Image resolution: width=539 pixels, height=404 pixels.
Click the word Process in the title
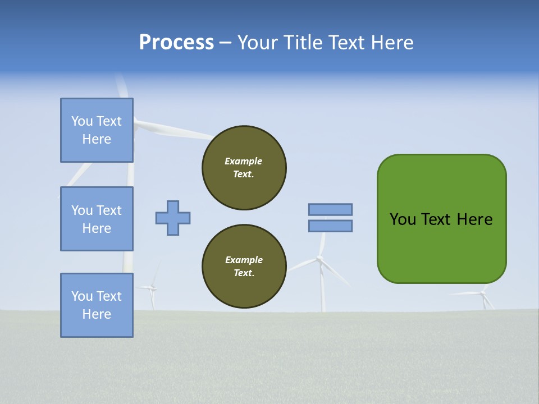pos(176,43)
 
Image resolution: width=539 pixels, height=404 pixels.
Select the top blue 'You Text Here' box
pos(97,130)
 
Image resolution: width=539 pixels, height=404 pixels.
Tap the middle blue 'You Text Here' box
pos(97,219)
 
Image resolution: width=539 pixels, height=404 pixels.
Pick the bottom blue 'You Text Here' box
pos(97,305)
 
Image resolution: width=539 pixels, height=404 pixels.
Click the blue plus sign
pos(173,218)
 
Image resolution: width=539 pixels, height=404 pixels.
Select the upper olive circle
pos(244,168)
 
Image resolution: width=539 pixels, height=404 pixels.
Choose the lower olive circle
pos(244,267)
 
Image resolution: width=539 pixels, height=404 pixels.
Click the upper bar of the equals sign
pos(330,209)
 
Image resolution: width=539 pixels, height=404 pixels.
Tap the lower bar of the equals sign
pos(330,226)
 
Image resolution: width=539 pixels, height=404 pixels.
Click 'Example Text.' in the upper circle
pos(244,168)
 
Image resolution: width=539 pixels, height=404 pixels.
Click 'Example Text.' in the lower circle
pos(244,267)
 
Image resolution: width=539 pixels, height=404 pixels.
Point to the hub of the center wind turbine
pos(319,259)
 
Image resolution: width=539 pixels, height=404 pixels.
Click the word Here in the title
pos(392,43)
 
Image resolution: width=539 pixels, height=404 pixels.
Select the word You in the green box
pos(402,219)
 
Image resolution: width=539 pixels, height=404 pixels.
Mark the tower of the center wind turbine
pos(323,289)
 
